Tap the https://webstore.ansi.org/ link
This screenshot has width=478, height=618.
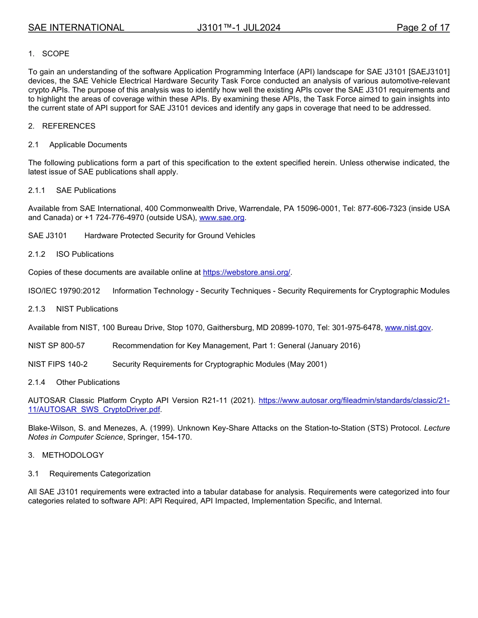(247, 272)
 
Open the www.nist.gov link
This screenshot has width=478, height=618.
(408, 328)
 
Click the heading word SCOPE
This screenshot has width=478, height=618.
(56, 53)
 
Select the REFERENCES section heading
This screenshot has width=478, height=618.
(68, 126)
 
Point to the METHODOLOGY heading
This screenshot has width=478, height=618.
(73, 455)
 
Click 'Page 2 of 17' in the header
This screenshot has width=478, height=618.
(423, 28)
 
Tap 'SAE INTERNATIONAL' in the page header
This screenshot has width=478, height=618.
(76, 28)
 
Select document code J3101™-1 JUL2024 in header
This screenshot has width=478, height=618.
(239, 28)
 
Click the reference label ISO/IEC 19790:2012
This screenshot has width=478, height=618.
(64, 291)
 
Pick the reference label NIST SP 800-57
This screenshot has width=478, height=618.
(56, 346)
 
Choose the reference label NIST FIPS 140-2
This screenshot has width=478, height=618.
(58, 364)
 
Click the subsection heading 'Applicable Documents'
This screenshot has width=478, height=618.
(88, 145)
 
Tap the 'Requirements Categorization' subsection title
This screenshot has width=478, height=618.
(100, 474)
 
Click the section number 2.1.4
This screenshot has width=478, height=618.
(37, 382)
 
